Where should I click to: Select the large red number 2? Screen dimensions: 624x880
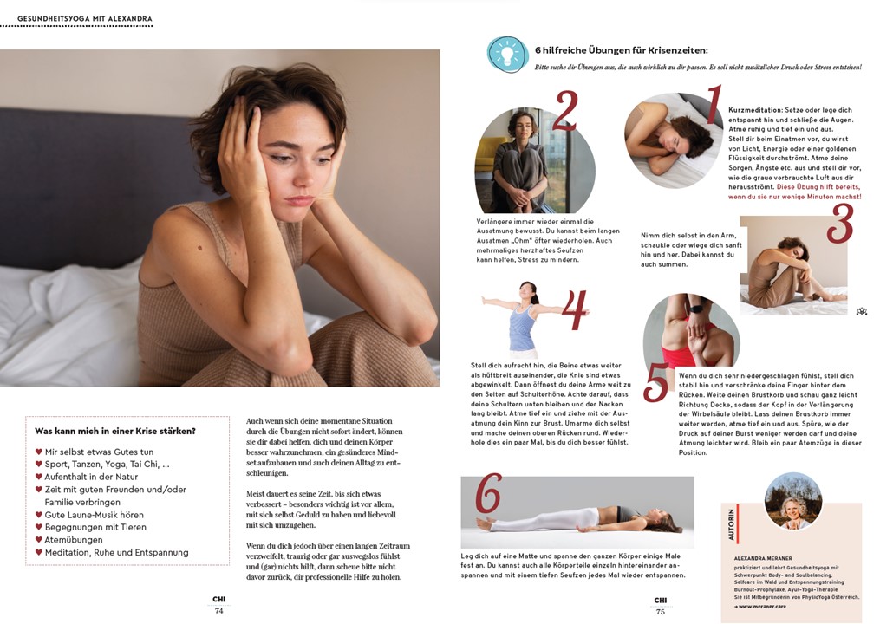click(x=565, y=112)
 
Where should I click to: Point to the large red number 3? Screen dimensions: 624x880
click(x=838, y=223)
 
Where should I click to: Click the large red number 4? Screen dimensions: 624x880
click(x=573, y=311)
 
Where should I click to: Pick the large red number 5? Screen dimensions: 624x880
click(x=656, y=382)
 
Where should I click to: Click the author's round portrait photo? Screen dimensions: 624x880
click(x=792, y=501)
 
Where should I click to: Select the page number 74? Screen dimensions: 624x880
click(x=219, y=610)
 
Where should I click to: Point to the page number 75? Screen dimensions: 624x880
click(x=661, y=611)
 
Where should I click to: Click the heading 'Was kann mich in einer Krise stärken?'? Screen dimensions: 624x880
click(x=115, y=431)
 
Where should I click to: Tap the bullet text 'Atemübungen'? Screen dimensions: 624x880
click(x=74, y=539)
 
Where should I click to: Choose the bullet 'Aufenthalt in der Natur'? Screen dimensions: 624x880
click(x=91, y=477)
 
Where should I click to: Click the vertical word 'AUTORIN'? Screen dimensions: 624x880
click(x=731, y=523)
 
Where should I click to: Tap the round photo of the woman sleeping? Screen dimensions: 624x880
click(x=668, y=140)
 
